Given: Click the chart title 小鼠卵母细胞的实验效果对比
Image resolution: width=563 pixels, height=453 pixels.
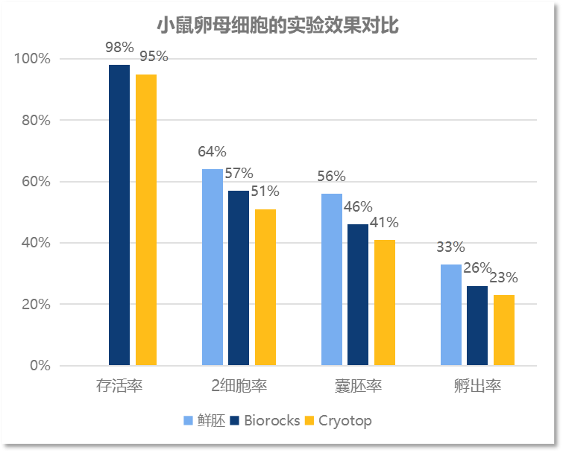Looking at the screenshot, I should pyautogui.click(x=277, y=25).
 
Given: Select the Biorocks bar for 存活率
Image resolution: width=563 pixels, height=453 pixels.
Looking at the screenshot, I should pyautogui.click(x=119, y=215).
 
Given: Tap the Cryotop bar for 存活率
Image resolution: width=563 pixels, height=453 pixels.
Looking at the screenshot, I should pyautogui.click(x=146, y=220).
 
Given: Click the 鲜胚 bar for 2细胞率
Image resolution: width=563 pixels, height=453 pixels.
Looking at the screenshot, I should pyautogui.click(x=212, y=267).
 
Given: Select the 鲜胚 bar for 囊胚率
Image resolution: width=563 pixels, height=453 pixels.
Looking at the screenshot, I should pyautogui.click(x=331, y=279).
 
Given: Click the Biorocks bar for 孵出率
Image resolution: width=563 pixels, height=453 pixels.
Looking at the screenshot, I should pyautogui.click(x=477, y=326).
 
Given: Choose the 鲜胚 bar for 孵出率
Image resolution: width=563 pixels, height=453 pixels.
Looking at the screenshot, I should pyautogui.click(x=450, y=315).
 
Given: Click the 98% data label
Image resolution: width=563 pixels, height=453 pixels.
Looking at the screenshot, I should pyautogui.click(x=119, y=48).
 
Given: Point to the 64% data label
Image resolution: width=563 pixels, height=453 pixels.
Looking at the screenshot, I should pyautogui.click(x=212, y=152).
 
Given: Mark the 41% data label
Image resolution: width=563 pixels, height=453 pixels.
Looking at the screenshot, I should pyautogui.click(x=385, y=222).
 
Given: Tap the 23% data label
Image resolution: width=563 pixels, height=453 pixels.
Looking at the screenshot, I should pyautogui.click(x=504, y=278).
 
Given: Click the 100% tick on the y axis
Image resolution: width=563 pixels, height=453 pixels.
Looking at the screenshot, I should pyautogui.click(x=34, y=59).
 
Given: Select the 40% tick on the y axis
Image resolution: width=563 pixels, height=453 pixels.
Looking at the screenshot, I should pyautogui.click(x=37, y=243).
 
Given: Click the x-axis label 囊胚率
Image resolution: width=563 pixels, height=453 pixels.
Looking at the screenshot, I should pyautogui.click(x=358, y=386).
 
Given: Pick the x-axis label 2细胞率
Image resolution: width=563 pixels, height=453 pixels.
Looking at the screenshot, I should pyautogui.click(x=239, y=386).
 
